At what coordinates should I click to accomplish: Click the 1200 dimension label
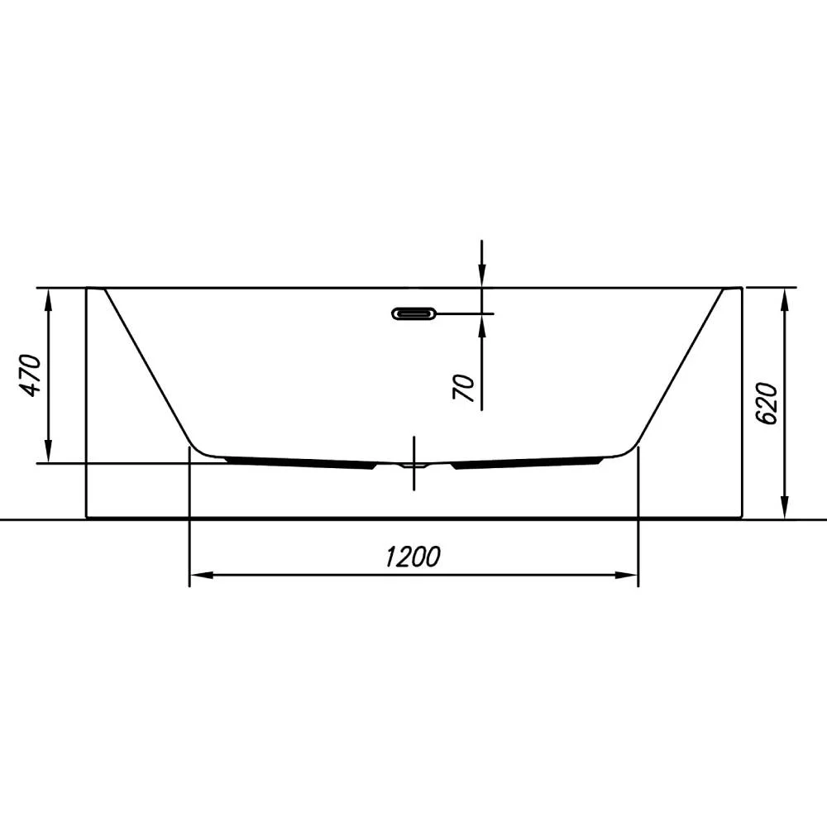413,557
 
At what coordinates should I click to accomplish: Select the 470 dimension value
30,375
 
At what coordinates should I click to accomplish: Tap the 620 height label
767,404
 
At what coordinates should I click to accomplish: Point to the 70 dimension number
465,388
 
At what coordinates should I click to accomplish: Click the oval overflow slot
414,313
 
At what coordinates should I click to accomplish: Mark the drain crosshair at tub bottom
414,464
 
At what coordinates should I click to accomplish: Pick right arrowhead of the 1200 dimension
627,575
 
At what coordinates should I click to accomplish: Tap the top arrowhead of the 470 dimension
49,300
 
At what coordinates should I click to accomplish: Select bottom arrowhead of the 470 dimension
49,452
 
